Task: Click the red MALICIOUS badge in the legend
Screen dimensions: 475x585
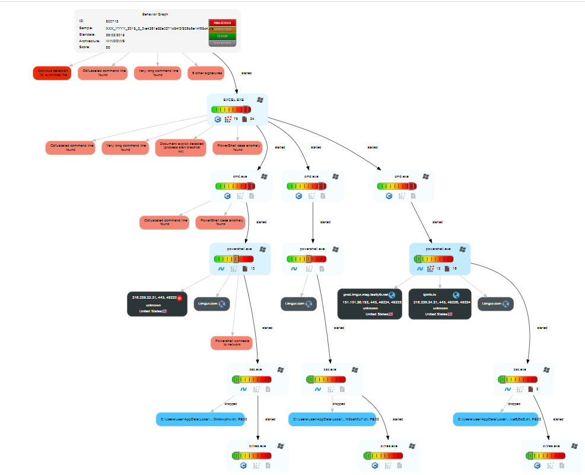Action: click(x=222, y=23)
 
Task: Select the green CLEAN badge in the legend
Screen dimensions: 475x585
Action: click(x=222, y=36)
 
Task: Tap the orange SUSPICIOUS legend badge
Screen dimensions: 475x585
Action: click(x=222, y=29)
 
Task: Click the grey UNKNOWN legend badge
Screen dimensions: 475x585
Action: click(x=222, y=43)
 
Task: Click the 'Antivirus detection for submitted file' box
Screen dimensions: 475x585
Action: click(x=52, y=73)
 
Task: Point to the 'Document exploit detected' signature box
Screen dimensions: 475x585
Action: click(x=180, y=147)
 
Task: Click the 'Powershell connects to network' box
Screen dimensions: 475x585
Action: click(x=231, y=343)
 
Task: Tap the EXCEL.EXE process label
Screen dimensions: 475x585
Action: click(x=233, y=100)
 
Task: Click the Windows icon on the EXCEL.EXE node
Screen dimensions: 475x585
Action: click(x=260, y=100)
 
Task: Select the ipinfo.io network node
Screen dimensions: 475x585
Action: click(x=439, y=303)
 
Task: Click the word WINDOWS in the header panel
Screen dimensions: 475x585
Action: click(x=115, y=41)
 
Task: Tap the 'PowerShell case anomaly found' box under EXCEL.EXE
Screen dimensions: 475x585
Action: click(x=237, y=147)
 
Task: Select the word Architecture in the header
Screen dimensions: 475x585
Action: click(x=89, y=41)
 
